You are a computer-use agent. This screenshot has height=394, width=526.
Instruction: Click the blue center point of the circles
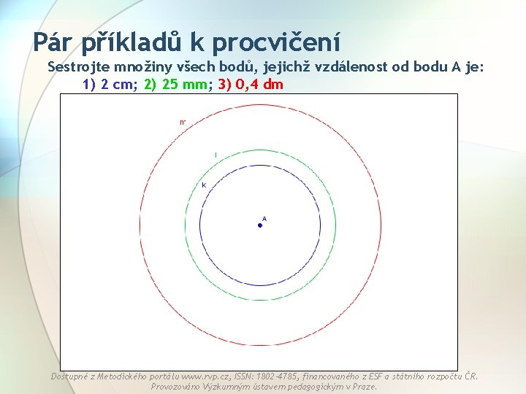click(259, 225)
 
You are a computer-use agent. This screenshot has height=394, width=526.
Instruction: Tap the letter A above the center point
click(264, 218)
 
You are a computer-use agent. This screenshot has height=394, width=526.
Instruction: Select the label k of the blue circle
click(204, 185)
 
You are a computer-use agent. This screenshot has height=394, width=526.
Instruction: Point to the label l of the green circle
click(216, 154)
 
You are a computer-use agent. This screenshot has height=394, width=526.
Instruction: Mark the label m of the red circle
click(183, 122)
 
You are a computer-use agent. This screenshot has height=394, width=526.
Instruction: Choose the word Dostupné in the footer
click(72, 376)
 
